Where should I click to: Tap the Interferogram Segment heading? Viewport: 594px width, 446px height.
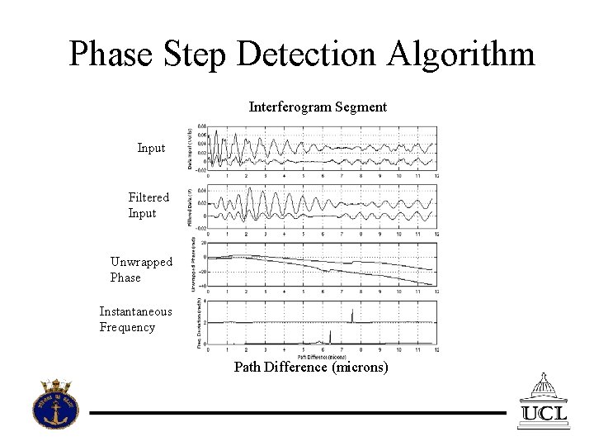(318, 107)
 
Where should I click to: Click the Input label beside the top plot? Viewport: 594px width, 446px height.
(151, 148)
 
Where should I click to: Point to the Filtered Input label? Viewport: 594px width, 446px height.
(148, 205)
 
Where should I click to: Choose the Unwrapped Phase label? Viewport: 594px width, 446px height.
(141, 270)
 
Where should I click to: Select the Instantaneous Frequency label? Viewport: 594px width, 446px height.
(135, 319)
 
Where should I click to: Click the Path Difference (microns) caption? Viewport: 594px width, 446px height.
(310, 367)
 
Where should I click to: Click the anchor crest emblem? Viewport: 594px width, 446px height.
(55, 404)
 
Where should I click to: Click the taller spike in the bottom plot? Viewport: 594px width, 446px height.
(351, 316)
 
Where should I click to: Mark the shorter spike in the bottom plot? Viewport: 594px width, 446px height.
(330, 336)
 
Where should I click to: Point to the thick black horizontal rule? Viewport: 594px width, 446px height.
(297, 411)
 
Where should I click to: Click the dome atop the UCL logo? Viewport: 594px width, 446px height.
(543, 383)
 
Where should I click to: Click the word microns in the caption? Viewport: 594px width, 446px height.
(359, 367)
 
